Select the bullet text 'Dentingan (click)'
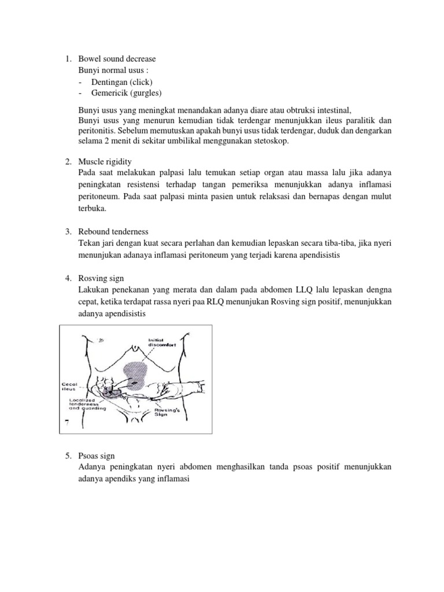point(121,82)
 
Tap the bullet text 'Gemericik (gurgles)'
point(126,92)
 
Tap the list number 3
point(67,231)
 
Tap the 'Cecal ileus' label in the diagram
point(71,369)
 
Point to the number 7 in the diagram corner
point(67,424)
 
